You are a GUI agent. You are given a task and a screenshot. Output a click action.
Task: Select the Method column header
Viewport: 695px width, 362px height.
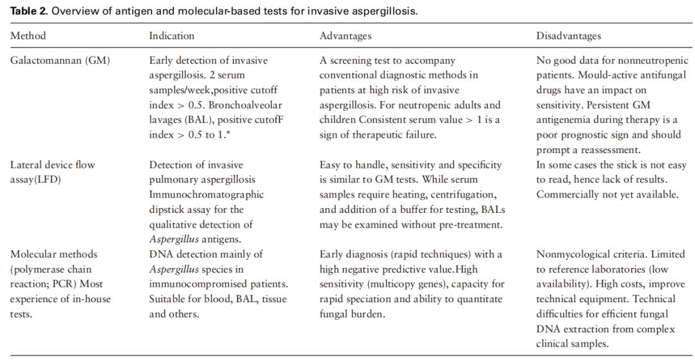click(x=28, y=36)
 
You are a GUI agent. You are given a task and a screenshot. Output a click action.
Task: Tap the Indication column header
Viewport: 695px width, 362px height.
click(x=171, y=36)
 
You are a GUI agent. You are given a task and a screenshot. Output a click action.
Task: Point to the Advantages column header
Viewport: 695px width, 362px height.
click(x=346, y=36)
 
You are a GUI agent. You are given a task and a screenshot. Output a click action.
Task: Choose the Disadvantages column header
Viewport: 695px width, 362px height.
click(x=569, y=36)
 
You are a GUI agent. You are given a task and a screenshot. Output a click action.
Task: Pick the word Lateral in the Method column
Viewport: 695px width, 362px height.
click(x=26, y=165)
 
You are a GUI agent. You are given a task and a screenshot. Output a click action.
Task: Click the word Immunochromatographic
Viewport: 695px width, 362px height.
click(x=207, y=195)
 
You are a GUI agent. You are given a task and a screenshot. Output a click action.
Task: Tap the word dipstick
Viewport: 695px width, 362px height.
click(x=167, y=210)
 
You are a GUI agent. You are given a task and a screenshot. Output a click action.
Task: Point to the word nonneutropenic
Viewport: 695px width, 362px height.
click(x=651, y=60)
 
